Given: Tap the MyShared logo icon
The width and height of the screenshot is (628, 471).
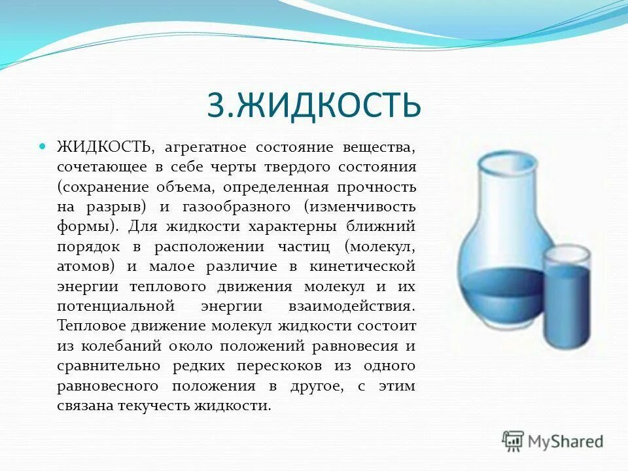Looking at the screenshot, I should coord(514,441).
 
